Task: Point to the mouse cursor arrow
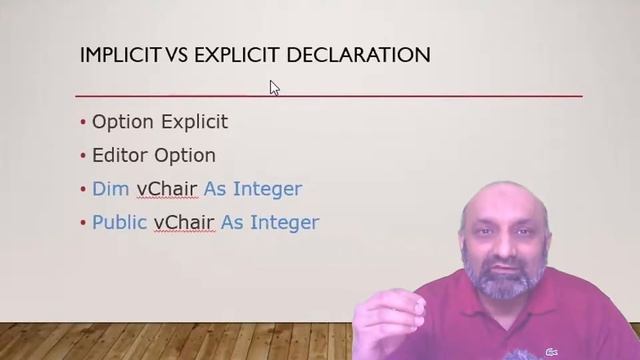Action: [x=274, y=88]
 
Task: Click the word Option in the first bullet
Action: [x=122, y=122]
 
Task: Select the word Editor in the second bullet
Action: [x=119, y=155]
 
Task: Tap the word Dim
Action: [x=110, y=188]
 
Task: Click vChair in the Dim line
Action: [x=167, y=188]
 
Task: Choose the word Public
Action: [x=119, y=222]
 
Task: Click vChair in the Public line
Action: [x=184, y=222]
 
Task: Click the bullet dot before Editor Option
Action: [x=83, y=156]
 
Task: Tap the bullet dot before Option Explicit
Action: [x=83, y=123]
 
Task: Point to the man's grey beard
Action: [x=505, y=281]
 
